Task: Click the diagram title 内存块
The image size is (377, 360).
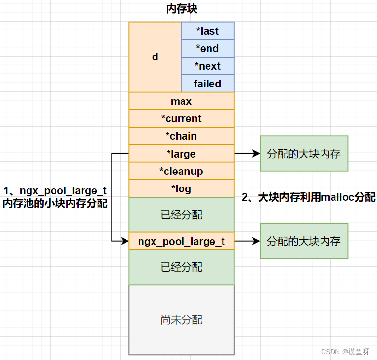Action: tap(181, 9)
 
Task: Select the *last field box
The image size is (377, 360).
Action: tap(208, 31)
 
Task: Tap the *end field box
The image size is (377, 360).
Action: tap(208, 48)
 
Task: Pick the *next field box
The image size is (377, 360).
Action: tap(208, 66)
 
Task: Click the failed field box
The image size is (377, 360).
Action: tap(208, 84)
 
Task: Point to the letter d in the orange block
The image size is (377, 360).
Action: tap(155, 57)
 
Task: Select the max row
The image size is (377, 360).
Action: tap(181, 101)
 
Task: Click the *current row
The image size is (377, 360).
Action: tap(181, 118)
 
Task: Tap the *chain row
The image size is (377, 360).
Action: tap(181, 136)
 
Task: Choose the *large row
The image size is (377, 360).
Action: tap(181, 154)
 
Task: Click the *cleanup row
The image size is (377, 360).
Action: tap(181, 171)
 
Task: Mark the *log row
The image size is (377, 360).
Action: tap(181, 188)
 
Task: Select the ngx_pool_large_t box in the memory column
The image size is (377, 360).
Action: tap(181, 241)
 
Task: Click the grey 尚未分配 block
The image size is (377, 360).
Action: tap(181, 319)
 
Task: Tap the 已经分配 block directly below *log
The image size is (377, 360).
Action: tap(181, 215)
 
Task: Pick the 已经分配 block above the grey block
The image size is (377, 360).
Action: tap(181, 267)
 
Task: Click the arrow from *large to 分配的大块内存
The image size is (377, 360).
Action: tap(247, 154)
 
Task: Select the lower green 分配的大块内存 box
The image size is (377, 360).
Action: tap(304, 241)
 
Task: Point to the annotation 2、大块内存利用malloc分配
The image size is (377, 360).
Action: tap(308, 197)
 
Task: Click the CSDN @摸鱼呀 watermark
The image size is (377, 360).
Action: tap(347, 351)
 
